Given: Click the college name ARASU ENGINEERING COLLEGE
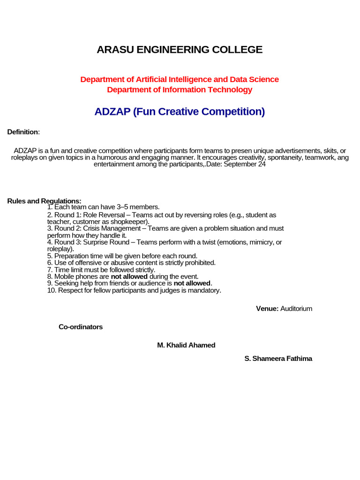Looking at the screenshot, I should tap(180, 50).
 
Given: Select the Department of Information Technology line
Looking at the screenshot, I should tap(180, 90).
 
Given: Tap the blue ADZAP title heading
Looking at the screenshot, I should tap(180, 112).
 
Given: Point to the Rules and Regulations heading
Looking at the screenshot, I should tap(44, 201).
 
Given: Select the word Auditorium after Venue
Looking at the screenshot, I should tap(296, 308).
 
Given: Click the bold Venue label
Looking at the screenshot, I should tap(267, 308).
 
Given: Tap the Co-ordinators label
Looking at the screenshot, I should tap(81, 327).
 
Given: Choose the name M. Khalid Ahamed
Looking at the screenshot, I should tap(186, 345).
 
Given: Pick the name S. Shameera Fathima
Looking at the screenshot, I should tap(278, 359).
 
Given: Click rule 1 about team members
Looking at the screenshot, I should tap(104, 207).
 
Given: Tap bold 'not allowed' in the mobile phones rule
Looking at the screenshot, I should tap(129, 277).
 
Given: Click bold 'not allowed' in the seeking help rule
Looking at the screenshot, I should tap(192, 283).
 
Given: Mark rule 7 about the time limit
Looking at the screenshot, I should tap(101, 270).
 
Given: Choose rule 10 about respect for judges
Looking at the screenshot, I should tap(134, 290).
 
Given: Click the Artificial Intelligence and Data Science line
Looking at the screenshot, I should tap(180, 80).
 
